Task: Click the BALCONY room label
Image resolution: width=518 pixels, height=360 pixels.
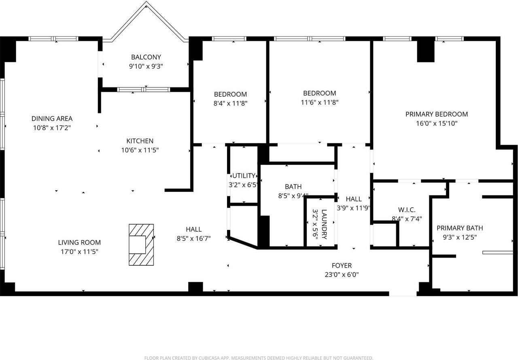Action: click(x=146, y=57)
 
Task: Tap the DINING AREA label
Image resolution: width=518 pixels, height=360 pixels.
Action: click(x=52, y=119)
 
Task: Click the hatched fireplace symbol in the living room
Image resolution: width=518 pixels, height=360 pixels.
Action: click(x=141, y=245)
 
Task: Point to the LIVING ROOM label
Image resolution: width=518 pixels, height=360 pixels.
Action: click(x=79, y=243)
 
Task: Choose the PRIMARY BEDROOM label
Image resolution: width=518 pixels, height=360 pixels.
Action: click(x=436, y=114)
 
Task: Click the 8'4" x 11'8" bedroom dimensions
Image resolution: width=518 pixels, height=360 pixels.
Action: click(x=230, y=103)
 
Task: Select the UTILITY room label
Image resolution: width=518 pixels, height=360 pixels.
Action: click(x=244, y=176)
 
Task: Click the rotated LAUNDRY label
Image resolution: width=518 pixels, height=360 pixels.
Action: click(x=324, y=224)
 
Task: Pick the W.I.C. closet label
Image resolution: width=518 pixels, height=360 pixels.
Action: click(x=407, y=210)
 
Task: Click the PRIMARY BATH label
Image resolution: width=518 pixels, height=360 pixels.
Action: click(x=459, y=228)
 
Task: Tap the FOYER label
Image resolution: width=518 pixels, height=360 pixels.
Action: click(x=342, y=266)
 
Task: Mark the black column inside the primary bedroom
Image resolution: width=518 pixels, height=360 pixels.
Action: click(x=425, y=51)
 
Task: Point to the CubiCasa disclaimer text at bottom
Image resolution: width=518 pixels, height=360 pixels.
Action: click(x=259, y=358)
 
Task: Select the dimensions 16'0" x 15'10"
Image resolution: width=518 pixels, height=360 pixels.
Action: click(x=436, y=124)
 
